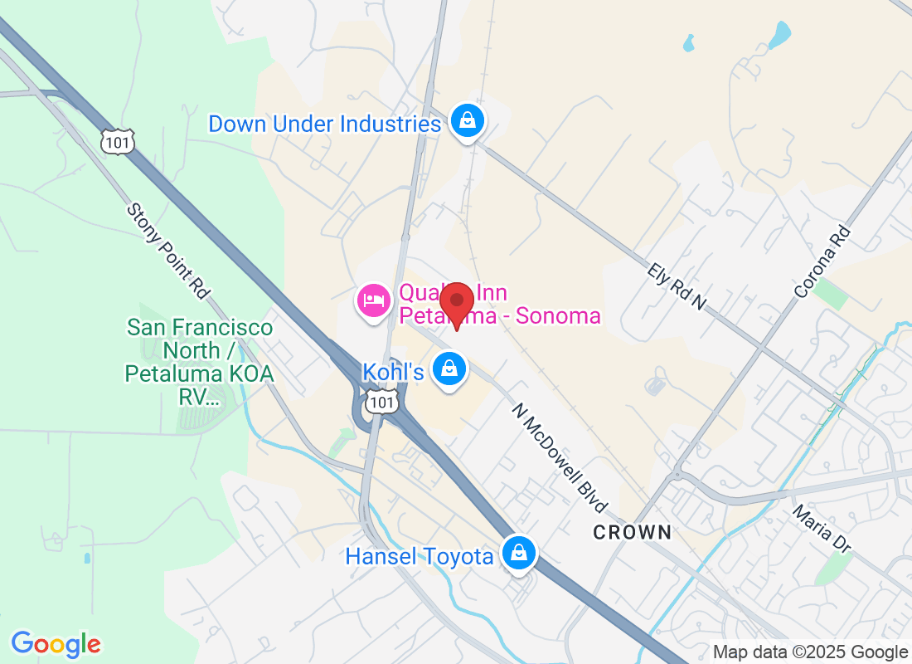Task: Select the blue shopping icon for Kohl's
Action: (449, 369)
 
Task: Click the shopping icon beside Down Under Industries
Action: (468, 121)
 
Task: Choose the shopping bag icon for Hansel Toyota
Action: (518, 552)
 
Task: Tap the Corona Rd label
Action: (822, 262)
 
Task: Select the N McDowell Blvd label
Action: (560, 457)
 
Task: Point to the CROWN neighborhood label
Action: (632, 532)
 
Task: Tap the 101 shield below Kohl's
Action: (384, 403)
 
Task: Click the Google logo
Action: (56, 643)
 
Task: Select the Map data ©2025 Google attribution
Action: (810, 652)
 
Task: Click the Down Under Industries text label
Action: (324, 124)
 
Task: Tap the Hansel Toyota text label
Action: (420, 556)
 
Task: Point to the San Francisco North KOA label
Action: (199, 362)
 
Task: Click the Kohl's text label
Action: (393, 371)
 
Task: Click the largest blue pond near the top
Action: (779, 35)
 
